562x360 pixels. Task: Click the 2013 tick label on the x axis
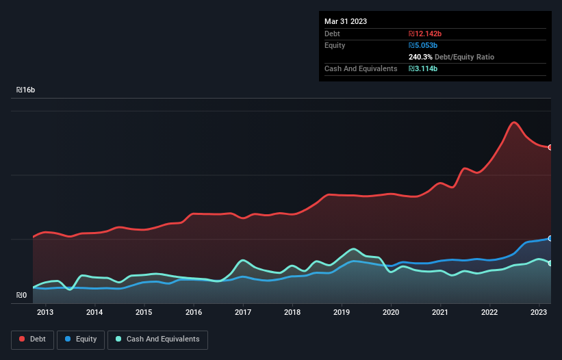[45, 313]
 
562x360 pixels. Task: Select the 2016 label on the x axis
[194, 313]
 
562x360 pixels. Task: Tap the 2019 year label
[342, 313]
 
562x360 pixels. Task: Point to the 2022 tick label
[489, 313]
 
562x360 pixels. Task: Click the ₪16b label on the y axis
[25, 90]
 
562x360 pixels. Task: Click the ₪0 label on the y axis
[21, 296]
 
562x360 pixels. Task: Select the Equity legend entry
[81, 339]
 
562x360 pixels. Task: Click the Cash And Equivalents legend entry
[157, 339]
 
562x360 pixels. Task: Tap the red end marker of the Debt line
[550, 147]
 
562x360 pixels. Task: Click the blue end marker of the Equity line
[550, 238]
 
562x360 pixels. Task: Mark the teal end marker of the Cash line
[550, 263]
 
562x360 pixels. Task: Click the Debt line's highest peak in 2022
[514, 123]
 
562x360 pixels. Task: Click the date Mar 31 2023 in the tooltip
[346, 21]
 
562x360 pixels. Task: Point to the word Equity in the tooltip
[335, 45]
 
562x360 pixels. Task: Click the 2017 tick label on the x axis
[243, 313]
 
